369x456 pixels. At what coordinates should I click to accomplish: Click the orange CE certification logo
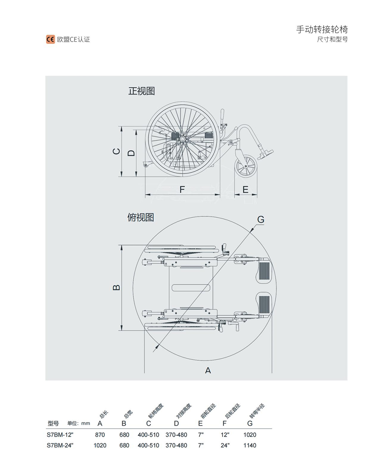tap(51, 40)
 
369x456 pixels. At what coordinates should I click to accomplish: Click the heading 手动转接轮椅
tap(322, 29)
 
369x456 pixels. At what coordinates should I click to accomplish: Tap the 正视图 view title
tap(141, 91)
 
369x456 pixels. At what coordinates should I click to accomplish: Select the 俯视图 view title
tap(141, 217)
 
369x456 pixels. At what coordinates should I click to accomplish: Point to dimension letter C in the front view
tap(117, 151)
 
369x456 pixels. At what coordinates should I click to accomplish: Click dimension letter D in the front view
tap(131, 153)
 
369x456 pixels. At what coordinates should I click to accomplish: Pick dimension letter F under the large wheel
tap(182, 189)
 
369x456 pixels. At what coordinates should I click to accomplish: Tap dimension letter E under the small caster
tap(245, 189)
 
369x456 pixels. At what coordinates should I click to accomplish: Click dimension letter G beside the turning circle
tap(261, 219)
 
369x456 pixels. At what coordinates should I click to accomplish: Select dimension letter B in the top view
tap(116, 287)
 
